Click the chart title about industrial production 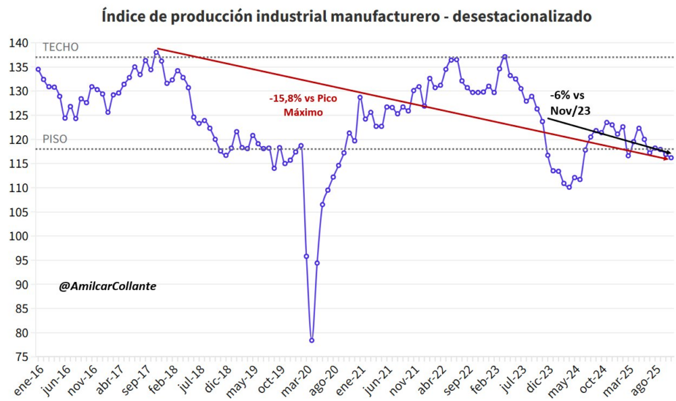337,14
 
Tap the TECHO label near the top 61,47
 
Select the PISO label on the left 55,139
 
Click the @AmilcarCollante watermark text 107,286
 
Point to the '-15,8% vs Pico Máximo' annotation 303,104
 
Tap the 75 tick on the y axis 23,356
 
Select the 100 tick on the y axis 20,236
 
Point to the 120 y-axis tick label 20,139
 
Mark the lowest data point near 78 312,340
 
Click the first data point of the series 38,69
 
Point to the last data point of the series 671,158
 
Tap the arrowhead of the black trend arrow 669,153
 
